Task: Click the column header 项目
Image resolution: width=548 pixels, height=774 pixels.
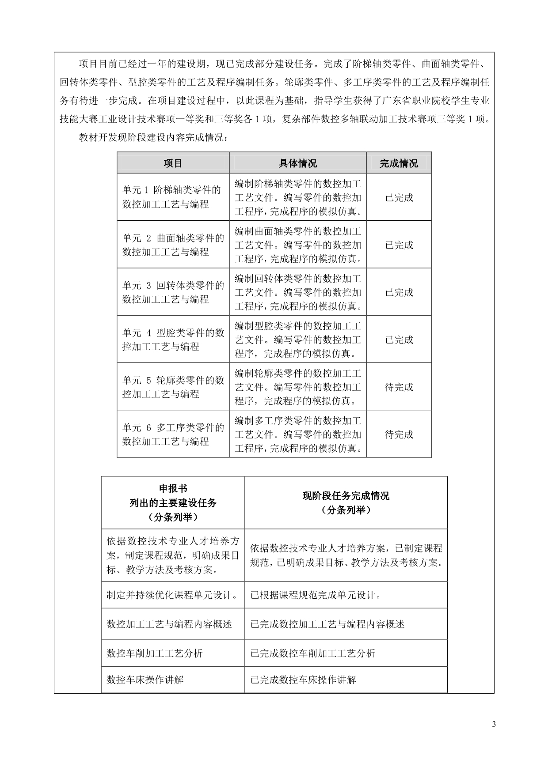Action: click(x=173, y=163)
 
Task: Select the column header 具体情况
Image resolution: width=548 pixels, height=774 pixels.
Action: click(x=297, y=163)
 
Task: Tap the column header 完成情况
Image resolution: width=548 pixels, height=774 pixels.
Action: click(x=399, y=163)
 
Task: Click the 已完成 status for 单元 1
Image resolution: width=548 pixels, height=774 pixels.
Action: click(x=399, y=197)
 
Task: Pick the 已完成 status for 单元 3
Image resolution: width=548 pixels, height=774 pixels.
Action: click(x=399, y=292)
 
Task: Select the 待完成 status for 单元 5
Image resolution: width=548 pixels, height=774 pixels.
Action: click(x=399, y=387)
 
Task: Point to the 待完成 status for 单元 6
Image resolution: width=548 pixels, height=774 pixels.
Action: click(x=399, y=434)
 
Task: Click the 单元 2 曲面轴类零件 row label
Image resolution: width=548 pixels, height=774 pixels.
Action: click(x=173, y=245)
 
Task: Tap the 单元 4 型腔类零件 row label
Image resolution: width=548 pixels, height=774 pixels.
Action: click(x=173, y=340)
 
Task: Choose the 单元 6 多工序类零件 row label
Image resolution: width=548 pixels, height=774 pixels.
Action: click(x=173, y=434)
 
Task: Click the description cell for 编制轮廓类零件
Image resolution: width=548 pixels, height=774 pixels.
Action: click(x=297, y=387)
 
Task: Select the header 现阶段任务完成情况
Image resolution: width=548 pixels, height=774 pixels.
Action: click(x=346, y=496)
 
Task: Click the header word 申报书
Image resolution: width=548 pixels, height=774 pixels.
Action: click(x=173, y=489)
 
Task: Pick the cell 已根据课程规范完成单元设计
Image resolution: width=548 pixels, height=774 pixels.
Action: click(x=316, y=595)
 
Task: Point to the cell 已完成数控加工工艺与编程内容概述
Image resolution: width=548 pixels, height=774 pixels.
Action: click(x=327, y=624)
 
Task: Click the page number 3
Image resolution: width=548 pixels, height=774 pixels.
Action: click(x=494, y=725)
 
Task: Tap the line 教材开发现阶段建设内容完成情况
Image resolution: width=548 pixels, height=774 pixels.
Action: click(x=153, y=138)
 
